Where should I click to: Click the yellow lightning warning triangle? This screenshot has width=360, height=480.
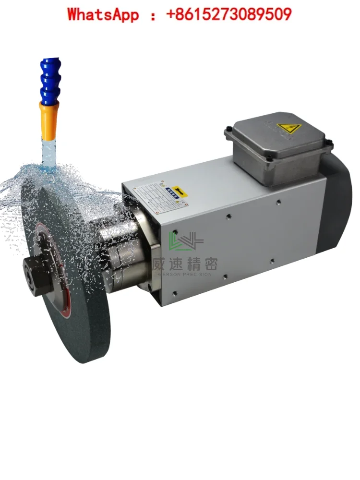tap(288, 129)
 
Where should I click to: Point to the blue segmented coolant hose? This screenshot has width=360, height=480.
tap(49, 80)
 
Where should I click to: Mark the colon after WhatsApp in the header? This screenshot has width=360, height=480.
tap(153, 15)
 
